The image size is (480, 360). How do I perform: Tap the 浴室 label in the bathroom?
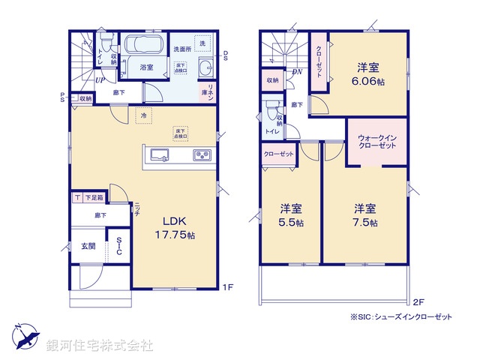146,67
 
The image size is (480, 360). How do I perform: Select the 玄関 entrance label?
88,247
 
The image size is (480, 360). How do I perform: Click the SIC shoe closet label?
119,247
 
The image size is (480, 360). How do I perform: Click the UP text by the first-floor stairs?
99,80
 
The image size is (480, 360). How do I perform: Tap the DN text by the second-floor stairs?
297,73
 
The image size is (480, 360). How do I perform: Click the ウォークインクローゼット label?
378,142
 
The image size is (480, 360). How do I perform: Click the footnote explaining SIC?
402,317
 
